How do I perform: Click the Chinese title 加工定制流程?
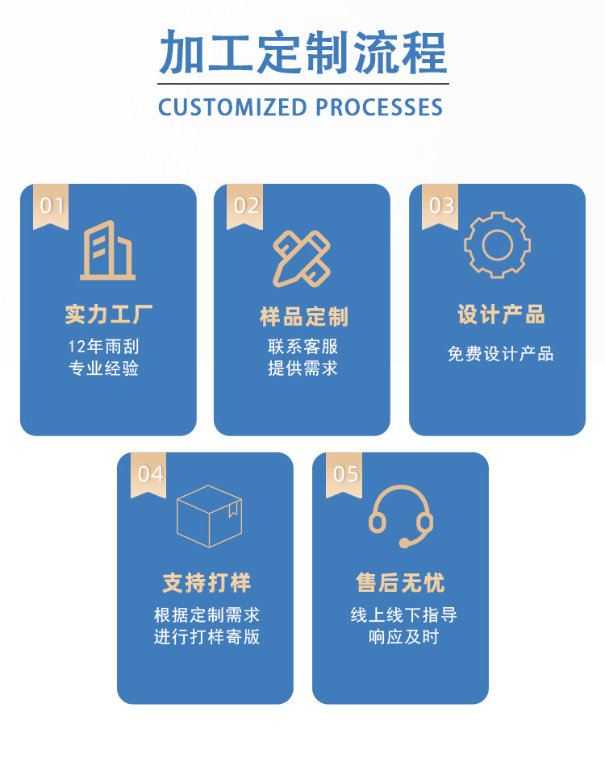point(303,52)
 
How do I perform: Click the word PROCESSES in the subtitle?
point(379,107)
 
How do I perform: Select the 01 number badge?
point(51,206)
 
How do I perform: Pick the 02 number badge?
point(245,206)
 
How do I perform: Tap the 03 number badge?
point(440,206)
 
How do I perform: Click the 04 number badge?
point(148,475)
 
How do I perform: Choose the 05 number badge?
point(344,475)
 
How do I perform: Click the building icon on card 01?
point(108,251)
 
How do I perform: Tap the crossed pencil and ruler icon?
point(302,258)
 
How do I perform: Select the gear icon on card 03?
point(498,245)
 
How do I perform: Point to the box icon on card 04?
point(209,516)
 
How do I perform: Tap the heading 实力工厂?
point(109,314)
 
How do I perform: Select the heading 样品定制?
point(304,317)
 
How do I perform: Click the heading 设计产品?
point(501,314)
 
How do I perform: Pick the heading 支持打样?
point(207,583)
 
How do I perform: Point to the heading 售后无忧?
point(400,583)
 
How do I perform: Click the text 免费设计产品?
point(500,354)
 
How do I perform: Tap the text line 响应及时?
point(403,637)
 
